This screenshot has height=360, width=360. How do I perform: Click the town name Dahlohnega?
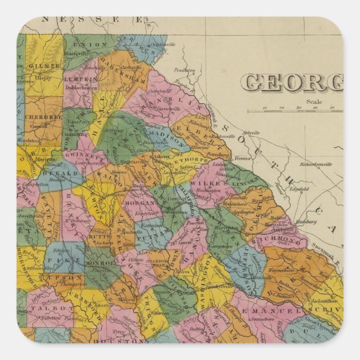coord(82,87)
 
